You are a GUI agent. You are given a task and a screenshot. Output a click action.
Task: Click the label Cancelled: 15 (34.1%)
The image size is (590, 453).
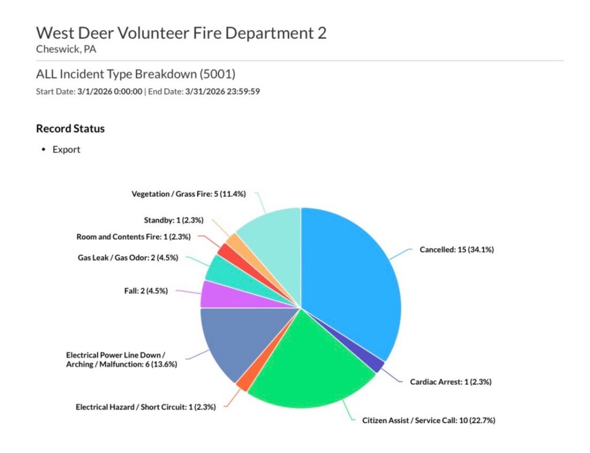click(x=457, y=250)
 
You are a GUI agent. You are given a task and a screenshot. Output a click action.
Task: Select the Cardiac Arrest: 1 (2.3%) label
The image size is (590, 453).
click(x=451, y=382)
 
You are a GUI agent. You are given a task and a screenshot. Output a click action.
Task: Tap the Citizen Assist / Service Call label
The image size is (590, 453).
click(x=429, y=420)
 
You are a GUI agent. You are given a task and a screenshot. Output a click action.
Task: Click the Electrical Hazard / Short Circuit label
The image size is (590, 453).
click(x=146, y=407)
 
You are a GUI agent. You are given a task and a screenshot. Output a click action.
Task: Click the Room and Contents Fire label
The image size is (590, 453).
click(x=133, y=236)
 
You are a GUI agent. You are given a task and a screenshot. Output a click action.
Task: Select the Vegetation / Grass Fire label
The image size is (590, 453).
click(x=188, y=194)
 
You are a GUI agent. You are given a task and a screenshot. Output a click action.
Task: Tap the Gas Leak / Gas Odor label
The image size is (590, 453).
click(x=128, y=258)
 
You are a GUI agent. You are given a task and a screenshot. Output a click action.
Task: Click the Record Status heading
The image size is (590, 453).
click(x=70, y=129)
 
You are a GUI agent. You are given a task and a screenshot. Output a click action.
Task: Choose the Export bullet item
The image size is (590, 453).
click(x=66, y=150)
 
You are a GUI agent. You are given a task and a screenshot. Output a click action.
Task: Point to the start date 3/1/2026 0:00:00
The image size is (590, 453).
click(x=109, y=91)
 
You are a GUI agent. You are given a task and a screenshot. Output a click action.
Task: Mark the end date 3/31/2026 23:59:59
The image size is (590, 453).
click(x=222, y=91)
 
